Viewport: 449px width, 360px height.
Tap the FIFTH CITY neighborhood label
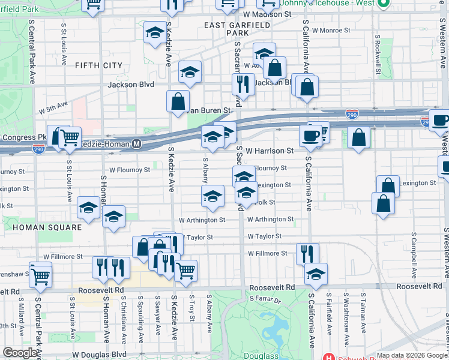(98, 65)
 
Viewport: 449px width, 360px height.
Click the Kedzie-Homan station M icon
(136, 144)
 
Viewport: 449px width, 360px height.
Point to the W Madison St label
(267, 14)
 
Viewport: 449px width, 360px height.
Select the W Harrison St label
(269, 151)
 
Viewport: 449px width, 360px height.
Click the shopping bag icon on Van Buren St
(178, 101)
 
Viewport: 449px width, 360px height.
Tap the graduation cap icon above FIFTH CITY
(155, 32)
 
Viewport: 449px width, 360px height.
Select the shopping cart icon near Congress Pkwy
(70, 137)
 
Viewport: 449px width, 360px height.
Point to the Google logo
(20, 353)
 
